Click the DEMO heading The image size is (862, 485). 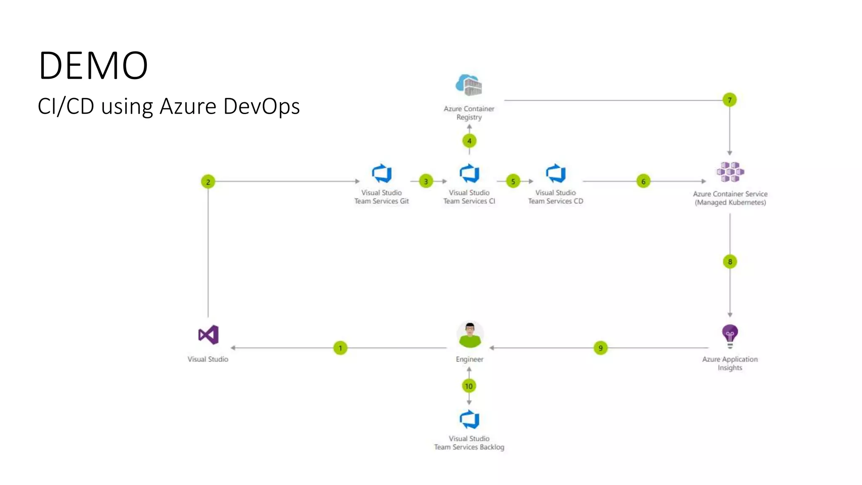(x=93, y=65)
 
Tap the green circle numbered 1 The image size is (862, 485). (x=340, y=348)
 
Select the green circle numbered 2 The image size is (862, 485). (x=208, y=182)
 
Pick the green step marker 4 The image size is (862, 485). (x=469, y=141)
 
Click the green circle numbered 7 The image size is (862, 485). (x=729, y=100)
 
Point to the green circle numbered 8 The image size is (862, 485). (x=730, y=262)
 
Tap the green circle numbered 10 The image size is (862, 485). (x=469, y=386)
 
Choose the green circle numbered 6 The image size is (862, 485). (x=643, y=181)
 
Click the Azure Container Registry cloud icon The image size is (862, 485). (x=469, y=85)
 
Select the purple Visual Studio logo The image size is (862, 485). (x=208, y=335)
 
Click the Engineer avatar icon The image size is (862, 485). (x=470, y=335)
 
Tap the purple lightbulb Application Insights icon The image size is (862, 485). (x=730, y=336)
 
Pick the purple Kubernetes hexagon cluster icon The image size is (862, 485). (x=730, y=172)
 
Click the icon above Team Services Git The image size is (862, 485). (x=382, y=173)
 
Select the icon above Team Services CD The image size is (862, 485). (x=556, y=173)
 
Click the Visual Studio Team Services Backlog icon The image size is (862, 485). (x=469, y=419)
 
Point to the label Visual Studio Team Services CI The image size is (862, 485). (x=469, y=197)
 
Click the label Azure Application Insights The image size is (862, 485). (x=730, y=363)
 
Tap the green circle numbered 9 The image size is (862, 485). (x=600, y=348)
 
